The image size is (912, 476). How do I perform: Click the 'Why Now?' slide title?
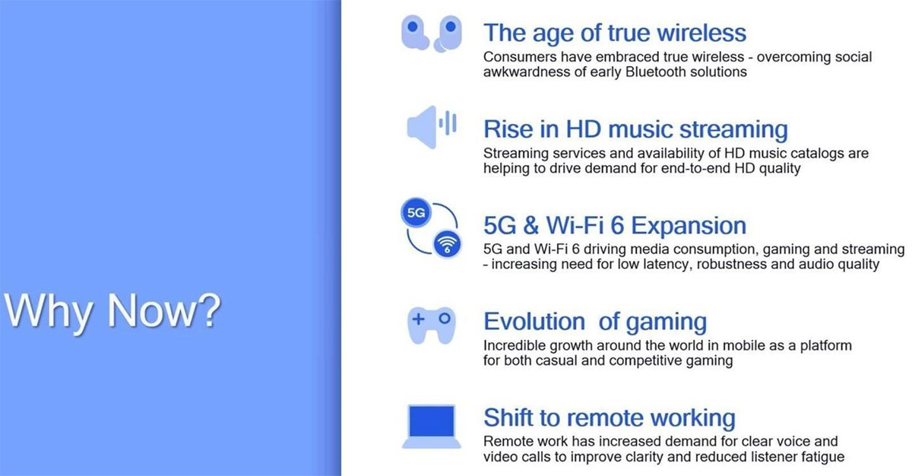[112, 312]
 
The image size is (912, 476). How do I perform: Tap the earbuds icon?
[432, 33]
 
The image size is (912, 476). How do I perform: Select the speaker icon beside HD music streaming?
[432, 127]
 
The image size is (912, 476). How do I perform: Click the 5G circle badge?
[416, 213]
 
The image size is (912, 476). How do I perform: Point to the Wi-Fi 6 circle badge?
[447, 244]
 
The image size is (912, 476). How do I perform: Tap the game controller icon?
[432, 325]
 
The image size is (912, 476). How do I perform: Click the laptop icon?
[432, 427]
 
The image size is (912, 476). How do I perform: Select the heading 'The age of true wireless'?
[615, 33]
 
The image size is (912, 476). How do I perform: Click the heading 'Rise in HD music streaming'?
[635, 129]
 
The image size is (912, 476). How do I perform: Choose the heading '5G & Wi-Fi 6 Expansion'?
[615, 225]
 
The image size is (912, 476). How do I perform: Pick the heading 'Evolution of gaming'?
[595, 322]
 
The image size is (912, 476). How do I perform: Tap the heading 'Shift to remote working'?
[610, 417]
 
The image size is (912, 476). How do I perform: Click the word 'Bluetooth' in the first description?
[655, 72]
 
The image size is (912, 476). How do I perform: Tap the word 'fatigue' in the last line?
[823, 457]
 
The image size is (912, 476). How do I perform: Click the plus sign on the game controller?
[418, 319]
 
